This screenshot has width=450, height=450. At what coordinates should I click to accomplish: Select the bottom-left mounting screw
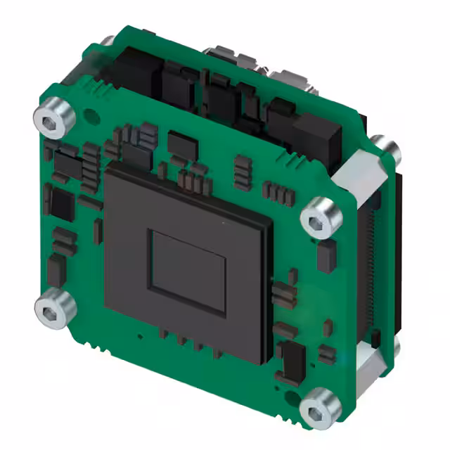53,309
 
